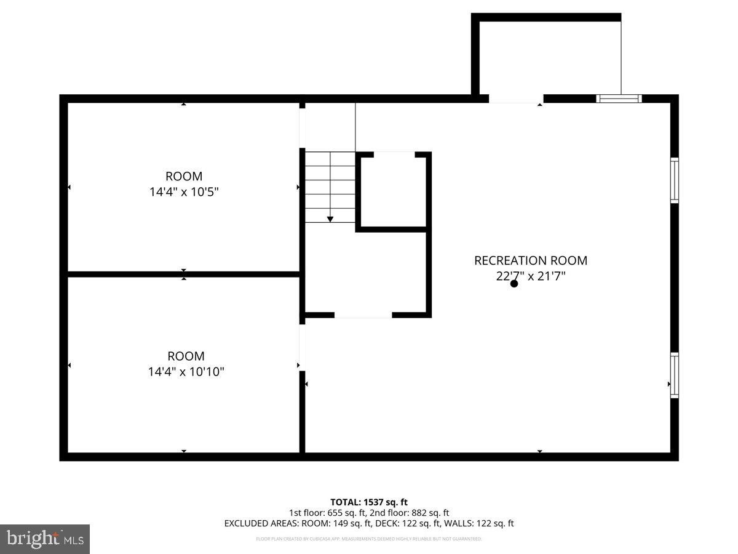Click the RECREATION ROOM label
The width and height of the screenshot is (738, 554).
[x=530, y=260]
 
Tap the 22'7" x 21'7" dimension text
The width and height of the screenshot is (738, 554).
[x=530, y=276]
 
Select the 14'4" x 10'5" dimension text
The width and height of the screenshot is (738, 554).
[x=184, y=192]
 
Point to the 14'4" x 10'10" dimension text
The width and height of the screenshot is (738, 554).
[x=186, y=372]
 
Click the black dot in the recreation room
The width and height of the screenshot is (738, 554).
[x=514, y=283]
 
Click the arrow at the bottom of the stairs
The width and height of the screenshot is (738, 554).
[x=330, y=218]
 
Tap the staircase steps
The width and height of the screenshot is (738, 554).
[x=330, y=185]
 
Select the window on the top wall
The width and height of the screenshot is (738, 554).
[x=619, y=98]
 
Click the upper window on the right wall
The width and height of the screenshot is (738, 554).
[x=675, y=180]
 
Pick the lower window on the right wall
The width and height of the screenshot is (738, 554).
[x=675, y=375]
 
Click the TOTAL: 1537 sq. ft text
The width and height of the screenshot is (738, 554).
[x=369, y=502]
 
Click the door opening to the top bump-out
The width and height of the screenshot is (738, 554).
[x=516, y=98]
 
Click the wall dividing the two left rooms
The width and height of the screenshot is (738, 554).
[x=183, y=274]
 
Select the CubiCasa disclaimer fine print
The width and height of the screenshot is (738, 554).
[x=369, y=539]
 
